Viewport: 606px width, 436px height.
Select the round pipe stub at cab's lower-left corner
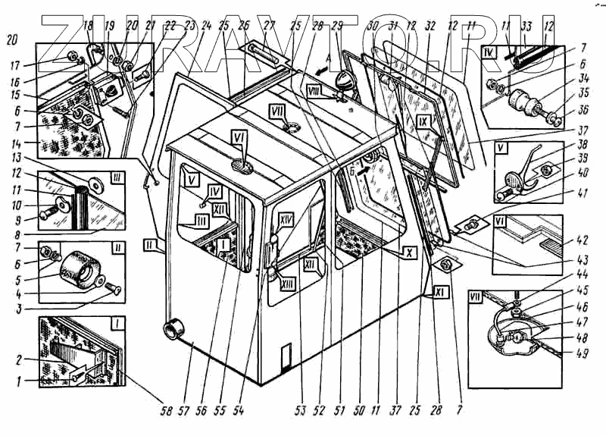(175, 330)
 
